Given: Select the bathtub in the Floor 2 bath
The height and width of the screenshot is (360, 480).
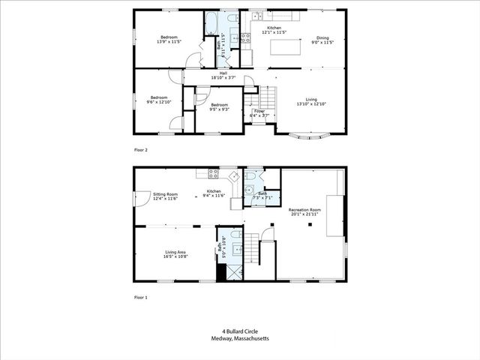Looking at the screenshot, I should coord(212,19).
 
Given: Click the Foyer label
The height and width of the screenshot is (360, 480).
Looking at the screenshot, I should coord(259,113).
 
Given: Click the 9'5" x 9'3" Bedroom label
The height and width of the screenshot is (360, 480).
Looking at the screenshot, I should coord(219,106).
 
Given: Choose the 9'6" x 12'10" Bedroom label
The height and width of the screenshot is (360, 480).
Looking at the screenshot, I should coord(158,99).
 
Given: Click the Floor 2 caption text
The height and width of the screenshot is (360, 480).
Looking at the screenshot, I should coord(140,150).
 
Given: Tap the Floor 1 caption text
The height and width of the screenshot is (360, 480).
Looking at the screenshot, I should coord(140,297).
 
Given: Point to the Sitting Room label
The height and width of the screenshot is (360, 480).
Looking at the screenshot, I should coord(165,196).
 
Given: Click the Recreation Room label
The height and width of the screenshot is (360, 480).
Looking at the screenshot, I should coord(305,211).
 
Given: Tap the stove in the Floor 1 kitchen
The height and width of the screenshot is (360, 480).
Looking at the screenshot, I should coord(212,173).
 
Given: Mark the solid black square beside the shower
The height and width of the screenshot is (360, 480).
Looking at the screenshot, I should coord(220,272).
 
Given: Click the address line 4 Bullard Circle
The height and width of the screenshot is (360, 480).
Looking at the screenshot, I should coord(239,331).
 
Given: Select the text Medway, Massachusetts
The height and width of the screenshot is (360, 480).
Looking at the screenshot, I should coord(239,338).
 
